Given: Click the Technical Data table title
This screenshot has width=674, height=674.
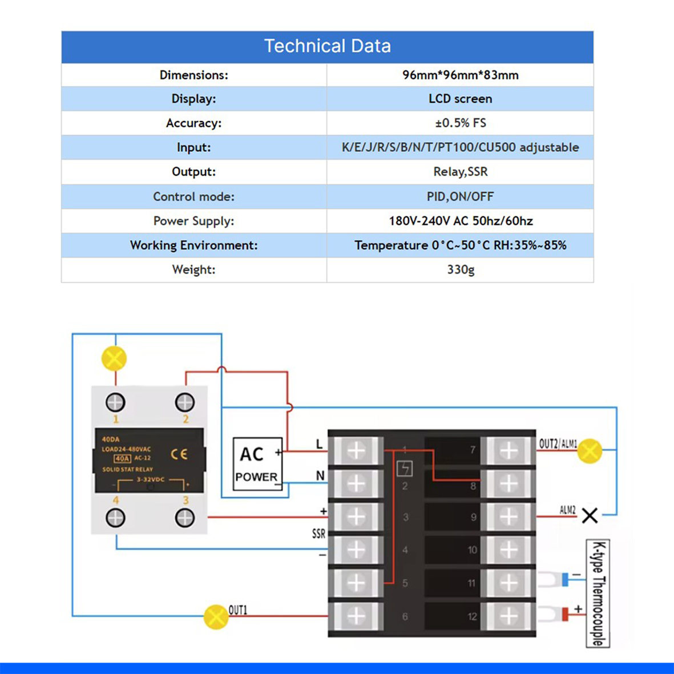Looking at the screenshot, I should pos(327,46).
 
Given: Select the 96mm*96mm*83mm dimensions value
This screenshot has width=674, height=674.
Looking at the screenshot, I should pos(460,75).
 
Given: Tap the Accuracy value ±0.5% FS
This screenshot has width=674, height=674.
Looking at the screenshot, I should pos(460,123).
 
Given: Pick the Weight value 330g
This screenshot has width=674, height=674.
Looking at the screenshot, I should pos(460,269).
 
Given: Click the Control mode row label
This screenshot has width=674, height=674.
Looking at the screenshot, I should pos(193,196).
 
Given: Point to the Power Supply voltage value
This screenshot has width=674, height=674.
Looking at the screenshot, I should pos(460,221).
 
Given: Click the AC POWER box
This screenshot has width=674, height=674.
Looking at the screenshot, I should pos(257,464).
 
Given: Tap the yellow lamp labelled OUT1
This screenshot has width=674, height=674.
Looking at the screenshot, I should pos(216,617).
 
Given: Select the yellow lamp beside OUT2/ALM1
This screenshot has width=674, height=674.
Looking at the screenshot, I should pos(590,451).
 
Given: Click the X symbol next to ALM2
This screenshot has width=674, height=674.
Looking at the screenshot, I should pos(590,516).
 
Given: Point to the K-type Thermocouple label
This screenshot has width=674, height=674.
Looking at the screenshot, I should pos(598,594).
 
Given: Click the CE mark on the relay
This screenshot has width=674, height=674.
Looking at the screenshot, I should pos(179,454).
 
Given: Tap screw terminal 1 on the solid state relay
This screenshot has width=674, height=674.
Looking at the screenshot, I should pos(116,402).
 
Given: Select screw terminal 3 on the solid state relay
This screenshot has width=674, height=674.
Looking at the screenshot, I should pos(185,518).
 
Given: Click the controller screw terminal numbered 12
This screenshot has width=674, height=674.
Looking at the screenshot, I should pos(508,616).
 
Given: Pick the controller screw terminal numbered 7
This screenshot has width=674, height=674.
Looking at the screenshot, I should pos(508,451).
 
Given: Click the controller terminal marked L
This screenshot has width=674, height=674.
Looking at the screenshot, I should pos(356,451).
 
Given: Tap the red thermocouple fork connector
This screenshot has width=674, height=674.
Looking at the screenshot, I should pos(556,615).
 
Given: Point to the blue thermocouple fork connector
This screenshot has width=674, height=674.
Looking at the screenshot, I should pos(556,580).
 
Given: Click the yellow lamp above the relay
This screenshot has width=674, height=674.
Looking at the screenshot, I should pos(114,359).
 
